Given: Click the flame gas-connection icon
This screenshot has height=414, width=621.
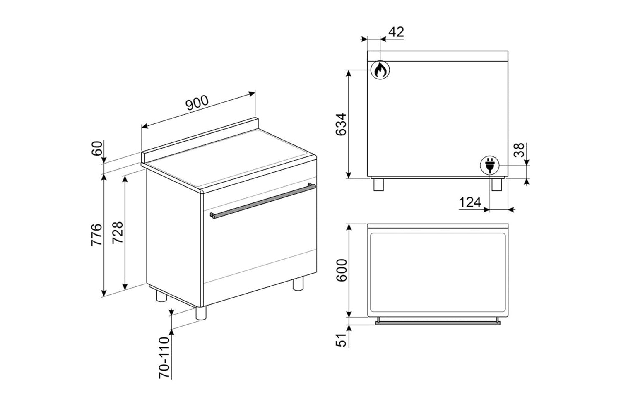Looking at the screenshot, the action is (380, 70).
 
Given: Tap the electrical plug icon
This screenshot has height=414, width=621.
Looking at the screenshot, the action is (490, 165).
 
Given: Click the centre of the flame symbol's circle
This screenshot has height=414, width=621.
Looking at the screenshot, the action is (380, 70).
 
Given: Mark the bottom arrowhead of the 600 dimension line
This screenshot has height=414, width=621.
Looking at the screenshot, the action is (349, 314).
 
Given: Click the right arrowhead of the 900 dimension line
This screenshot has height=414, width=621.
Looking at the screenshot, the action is (252, 94).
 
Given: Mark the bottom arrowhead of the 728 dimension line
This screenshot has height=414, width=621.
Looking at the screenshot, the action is (125, 286).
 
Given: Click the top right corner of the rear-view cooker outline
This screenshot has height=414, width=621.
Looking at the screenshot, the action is (508, 51).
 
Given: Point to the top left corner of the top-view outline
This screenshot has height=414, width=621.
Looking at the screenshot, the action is (368, 224).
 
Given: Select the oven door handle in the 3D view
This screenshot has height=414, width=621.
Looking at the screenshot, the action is (262, 201).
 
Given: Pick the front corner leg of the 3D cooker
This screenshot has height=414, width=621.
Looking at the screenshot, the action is (201, 313).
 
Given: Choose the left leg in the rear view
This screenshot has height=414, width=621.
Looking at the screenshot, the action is (378, 185).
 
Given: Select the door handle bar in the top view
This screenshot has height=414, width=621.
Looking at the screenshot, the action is (438, 322).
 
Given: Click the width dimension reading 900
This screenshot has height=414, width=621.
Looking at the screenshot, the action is (197, 103).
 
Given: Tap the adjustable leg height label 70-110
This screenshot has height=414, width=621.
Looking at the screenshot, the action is (164, 357).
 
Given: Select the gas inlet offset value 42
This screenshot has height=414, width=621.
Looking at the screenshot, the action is (396, 32).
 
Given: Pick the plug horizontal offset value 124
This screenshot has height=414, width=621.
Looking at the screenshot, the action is (470, 202).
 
